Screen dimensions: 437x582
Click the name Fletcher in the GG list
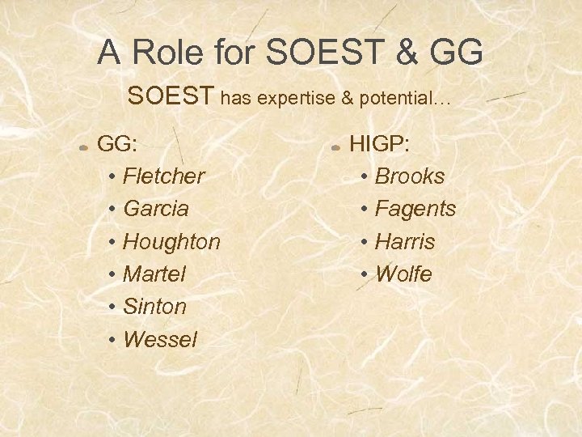163,176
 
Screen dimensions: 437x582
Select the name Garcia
156,209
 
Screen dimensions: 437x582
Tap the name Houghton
171,242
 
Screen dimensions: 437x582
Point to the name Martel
154,274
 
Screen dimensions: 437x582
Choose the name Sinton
154,307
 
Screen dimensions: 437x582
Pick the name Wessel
159,340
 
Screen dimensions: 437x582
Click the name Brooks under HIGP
410,176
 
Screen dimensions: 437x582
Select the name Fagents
415,209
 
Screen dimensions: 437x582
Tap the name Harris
405,242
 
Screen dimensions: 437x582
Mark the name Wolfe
403,274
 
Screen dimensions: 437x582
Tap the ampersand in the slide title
407,53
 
